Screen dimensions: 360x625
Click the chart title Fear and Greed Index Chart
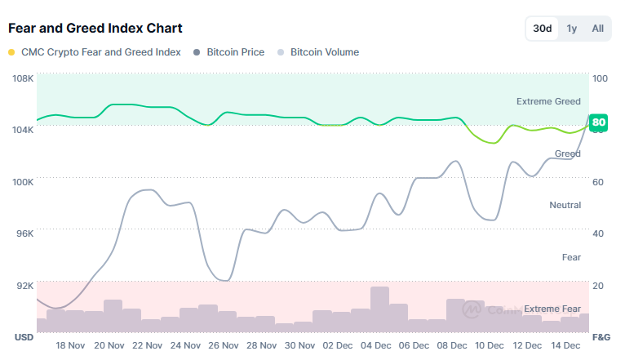[95, 29]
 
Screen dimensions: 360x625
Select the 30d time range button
[543, 29]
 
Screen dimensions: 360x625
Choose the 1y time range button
[572, 29]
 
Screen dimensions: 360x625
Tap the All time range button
[598, 29]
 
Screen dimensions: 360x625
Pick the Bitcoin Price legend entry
[235, 52]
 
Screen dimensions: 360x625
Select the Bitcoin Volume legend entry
[324, 52]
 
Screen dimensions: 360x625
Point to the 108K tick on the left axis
[22, 78]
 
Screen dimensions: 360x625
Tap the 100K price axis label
[22, 182]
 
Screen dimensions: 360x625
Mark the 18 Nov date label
[70, 345]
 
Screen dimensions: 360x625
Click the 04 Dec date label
[379, 345]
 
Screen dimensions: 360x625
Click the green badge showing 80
[599, 123]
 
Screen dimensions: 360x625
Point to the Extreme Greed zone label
[548, 102]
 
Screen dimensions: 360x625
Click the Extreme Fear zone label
[552, 309]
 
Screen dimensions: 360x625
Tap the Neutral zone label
[565, 205]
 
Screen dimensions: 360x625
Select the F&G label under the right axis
[601, 337]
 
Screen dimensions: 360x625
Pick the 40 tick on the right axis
[598, 233]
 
